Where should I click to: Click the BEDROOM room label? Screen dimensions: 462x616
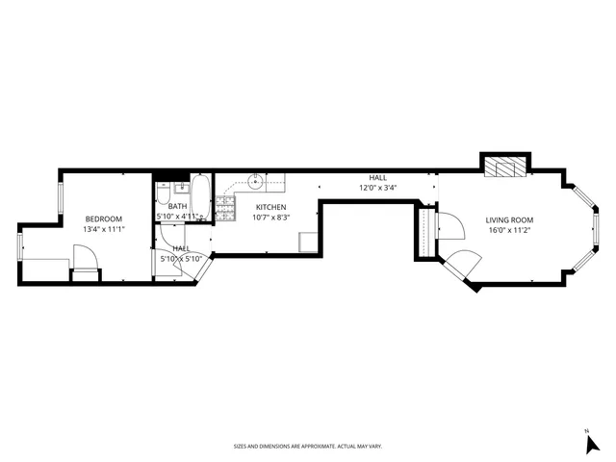point(103,218)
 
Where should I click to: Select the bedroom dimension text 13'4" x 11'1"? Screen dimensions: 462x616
point(103,229)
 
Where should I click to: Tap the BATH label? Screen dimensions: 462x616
point(178,206)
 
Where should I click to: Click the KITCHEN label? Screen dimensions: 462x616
point(270,207)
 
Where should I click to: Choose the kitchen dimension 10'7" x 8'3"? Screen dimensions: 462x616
point(270,218)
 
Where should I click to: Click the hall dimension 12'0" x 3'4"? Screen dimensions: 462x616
point(377,189)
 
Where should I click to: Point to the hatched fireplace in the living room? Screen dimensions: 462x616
point(505,167)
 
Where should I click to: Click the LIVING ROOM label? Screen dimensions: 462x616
point(508,219)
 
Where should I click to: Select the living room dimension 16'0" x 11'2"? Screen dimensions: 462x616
point(508,230)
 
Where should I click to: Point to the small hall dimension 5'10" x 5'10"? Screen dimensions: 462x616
point(180,258)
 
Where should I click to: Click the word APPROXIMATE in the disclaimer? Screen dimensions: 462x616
point(318,447)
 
